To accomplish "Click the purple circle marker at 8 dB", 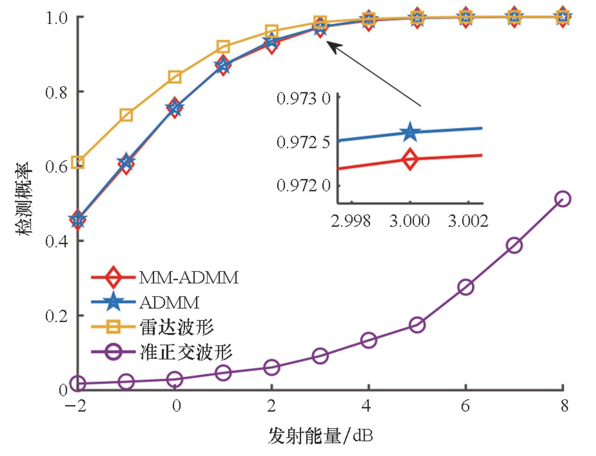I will click(x=563, y=199).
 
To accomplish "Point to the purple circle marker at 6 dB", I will click(x=466, y=287).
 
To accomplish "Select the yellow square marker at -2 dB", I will click(x=78, y=162).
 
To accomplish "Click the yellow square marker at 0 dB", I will click(x=175, y=77).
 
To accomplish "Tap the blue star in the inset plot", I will click(x=410, y=132).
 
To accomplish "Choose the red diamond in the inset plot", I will click(x=410, y=158).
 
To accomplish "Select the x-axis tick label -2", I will click(x=76, y=406).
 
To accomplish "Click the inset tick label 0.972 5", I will click(x=303, y=142).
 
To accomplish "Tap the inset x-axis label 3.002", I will click(x=468, y=221).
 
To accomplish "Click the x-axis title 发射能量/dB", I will click(x=320, y=436).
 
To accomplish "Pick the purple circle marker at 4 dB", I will click(x=368, y=340).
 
